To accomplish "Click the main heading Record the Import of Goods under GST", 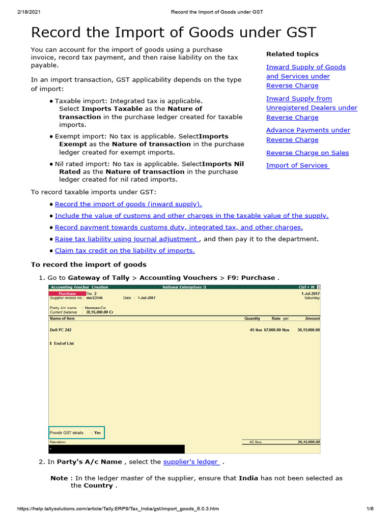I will pyautogui.click(x=174, y=33).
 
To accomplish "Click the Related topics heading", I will pyautogui.click(x=292, y=54).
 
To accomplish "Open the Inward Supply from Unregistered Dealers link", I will pyautogui.click(x=311, y=108).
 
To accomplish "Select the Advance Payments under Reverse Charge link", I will pyautogui.click(x=308, y=135).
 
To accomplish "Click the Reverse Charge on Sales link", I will pyautogui.click(x=307, y=153).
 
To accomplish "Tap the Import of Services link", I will pyautogui.click(x=297, y=165).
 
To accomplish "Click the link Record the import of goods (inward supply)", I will pyautogui.click(x=128, y=204).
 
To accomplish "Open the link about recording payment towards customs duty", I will pyautogui.click(x=179, y=227).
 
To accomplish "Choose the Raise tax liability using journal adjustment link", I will pyautogui.click(x=126, y=239).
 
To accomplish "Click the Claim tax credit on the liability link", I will pyautogui.click(x=125, y=251).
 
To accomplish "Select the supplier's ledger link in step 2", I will pyautogui.click(x=191, y=462).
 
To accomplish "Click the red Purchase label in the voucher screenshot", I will pyautogui.click(x=67, y=294).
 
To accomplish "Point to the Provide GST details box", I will pyautogui.click(x=76, y=433).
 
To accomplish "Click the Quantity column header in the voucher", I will pyautogui.click(x=252, y=319).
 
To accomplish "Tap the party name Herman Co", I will pyautogui.click(x=95, y=308).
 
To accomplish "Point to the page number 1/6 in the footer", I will pyautogui.click(x=370, y=509).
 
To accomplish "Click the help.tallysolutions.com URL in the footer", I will pyautogui.click(x=118, y=509).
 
